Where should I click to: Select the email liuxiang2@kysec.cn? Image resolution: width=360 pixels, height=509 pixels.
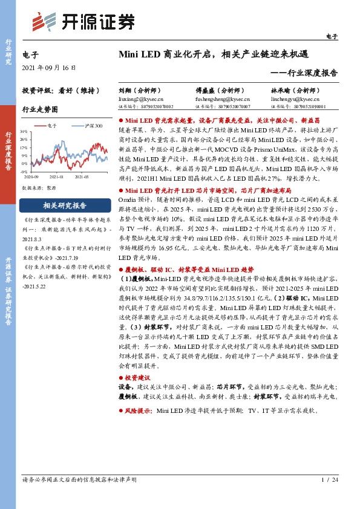(x=137, y=97)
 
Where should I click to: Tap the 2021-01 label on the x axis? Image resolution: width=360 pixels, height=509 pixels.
(x=56, y=178)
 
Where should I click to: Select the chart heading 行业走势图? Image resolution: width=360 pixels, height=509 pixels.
(x=40, y=110)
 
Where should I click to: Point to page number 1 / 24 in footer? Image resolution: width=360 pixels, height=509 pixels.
(x=329, y=479)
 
